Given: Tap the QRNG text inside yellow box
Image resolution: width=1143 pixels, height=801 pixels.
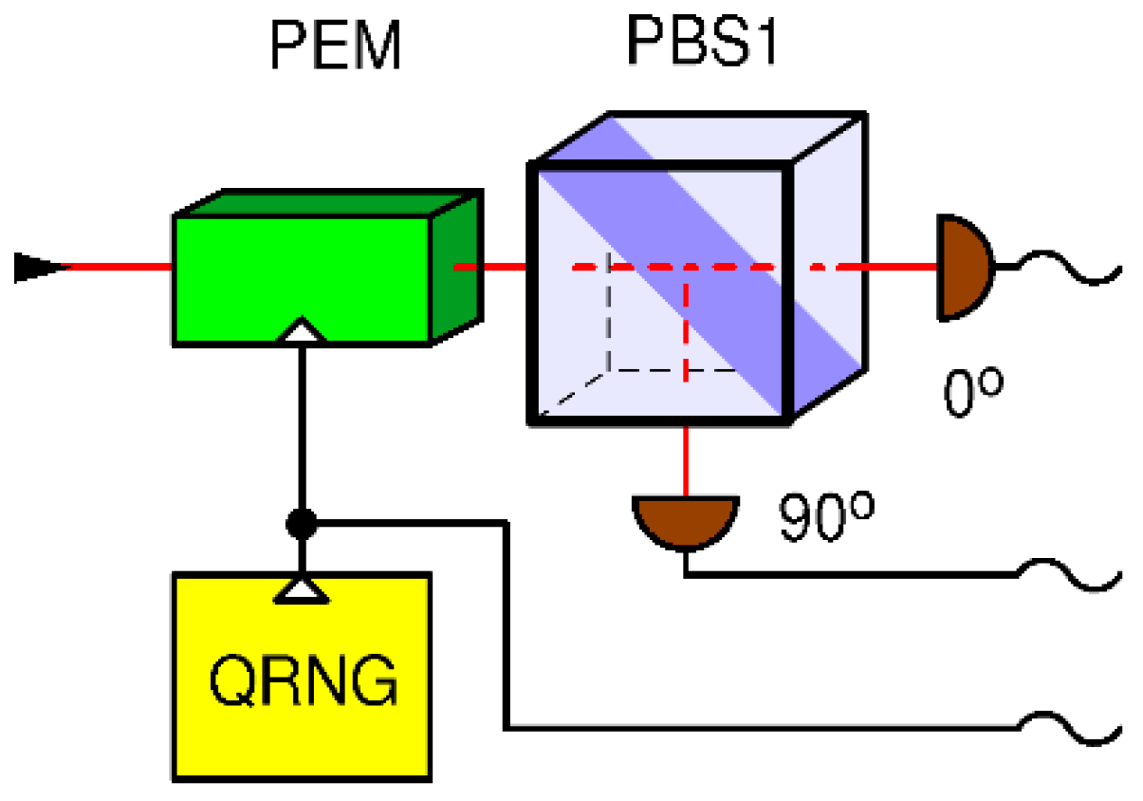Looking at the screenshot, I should (302, 678).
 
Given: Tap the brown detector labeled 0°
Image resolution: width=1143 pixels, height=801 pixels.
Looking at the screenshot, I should (961, 267).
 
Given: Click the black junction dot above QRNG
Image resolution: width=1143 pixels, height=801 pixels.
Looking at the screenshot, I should (301, 523).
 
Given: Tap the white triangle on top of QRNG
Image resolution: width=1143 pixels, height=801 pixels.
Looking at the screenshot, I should (301, 589).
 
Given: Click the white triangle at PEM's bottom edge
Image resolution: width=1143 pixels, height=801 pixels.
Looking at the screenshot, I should (301, 331).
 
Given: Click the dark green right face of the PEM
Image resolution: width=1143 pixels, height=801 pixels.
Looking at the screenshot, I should (456, 266).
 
